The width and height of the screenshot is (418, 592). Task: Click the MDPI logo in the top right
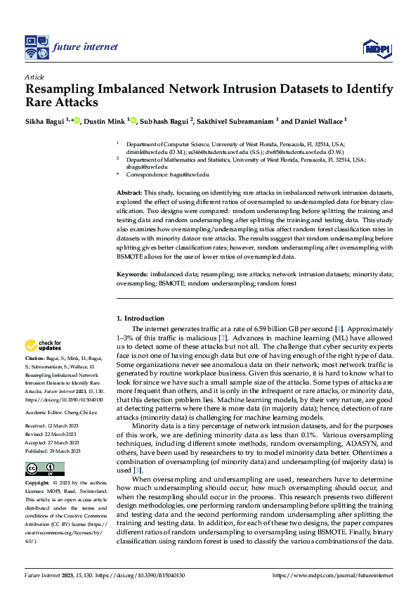(x=377, y=48)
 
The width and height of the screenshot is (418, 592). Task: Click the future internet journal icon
(x=36, y=47)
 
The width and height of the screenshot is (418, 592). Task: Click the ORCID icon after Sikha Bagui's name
(x=76, y=120)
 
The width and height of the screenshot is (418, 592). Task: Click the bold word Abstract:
(x=131, y=192)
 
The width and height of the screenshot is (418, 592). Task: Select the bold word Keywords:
(x=133, y=273)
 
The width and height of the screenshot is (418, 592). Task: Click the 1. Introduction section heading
(x=141, y=318)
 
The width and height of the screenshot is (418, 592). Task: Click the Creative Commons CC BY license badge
(x=44, y=468)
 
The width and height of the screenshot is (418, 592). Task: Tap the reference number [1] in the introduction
(x=339, y=329)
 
